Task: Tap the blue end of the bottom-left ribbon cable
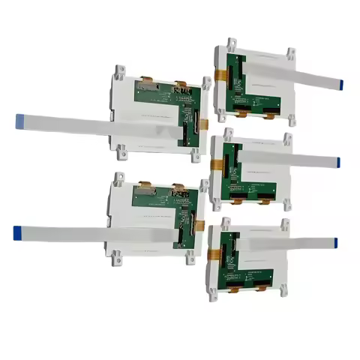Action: point(17,232)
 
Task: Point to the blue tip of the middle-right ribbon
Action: point(338,162)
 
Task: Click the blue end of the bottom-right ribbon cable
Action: point(335,242)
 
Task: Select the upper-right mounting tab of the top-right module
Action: point(289,54)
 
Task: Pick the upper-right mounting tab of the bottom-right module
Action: point(284,224)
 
